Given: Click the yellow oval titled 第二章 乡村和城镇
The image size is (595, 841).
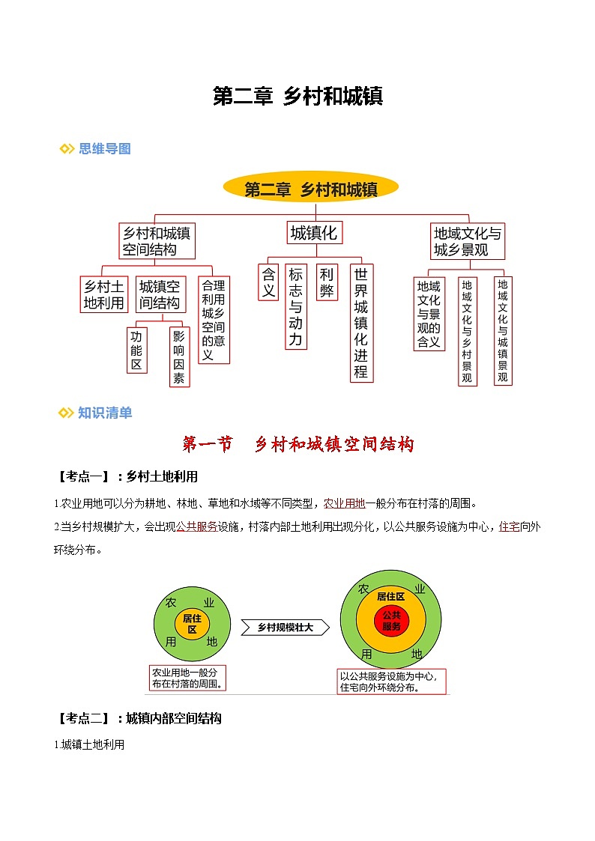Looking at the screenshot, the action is (x=311, y=189).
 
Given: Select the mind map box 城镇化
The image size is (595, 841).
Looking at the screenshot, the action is (x=313, y=233).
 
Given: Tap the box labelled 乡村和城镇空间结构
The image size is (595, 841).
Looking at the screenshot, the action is (x=157, y=241).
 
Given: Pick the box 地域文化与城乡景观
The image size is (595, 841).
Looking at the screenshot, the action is (x=468, y=241).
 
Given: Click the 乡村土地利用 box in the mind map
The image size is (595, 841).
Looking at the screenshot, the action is (x=103, y=295).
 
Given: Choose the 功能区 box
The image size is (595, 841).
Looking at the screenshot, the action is (x=136, y=349).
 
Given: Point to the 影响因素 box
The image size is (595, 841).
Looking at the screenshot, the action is (x=179, y=356).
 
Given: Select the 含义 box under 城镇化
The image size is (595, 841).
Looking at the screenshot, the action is (x=268, y=282).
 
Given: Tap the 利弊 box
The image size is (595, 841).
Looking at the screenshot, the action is (x=327, y=282).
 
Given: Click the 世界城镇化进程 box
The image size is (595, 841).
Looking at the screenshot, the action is (x=361, y=323).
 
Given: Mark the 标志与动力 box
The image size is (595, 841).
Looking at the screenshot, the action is (x=296, y=307).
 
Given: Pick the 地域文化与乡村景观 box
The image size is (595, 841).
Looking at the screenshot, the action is (x=467, y=331).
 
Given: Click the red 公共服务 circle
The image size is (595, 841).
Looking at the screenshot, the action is (x=391, y=621).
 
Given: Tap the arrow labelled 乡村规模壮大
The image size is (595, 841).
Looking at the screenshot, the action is (x=286, y=628).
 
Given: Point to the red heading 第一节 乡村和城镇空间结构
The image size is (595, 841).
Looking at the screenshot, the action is (x=298, y=444).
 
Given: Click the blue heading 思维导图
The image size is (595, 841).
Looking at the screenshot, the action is (x=104, y=148).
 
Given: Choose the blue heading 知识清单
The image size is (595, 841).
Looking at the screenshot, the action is (x=104, y=413).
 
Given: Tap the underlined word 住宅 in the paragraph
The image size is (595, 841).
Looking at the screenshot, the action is (x=509, y=526).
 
